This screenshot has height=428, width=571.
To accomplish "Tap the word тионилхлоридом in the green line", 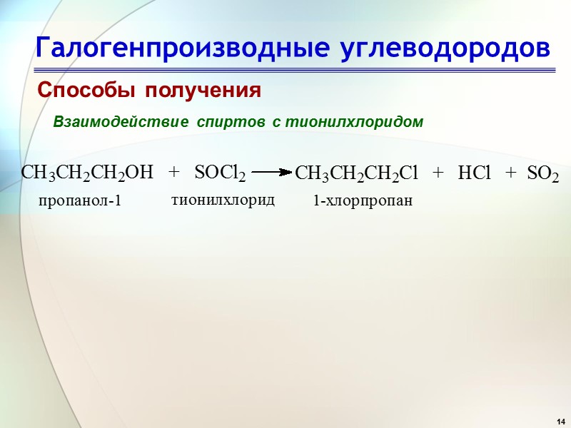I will (354, 123).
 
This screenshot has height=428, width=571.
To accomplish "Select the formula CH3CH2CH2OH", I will (88, 173).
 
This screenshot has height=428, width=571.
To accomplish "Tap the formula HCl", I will (475, 173).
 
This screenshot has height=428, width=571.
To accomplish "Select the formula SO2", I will (542, 173).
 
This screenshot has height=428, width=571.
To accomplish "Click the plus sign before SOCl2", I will (174, 173).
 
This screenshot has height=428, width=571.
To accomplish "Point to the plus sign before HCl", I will (438, 173).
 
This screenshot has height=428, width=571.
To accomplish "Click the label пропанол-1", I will (81, 201).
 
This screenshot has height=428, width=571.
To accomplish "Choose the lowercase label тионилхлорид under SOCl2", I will (223, 200).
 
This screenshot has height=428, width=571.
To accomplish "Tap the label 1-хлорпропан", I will (363, 202).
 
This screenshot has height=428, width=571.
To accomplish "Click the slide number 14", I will (561, 418).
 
